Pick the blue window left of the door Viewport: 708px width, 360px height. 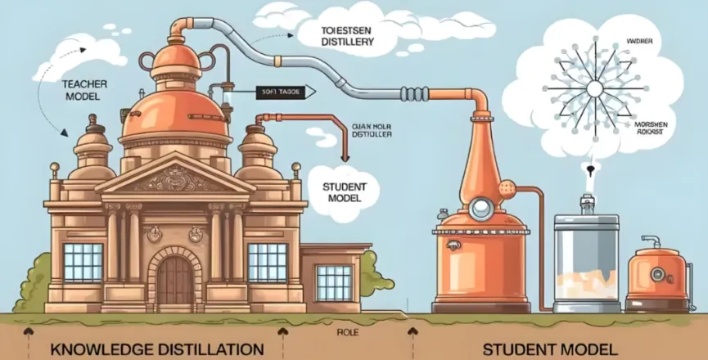point(83,262)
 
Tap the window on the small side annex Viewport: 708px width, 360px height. point(334,281)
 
